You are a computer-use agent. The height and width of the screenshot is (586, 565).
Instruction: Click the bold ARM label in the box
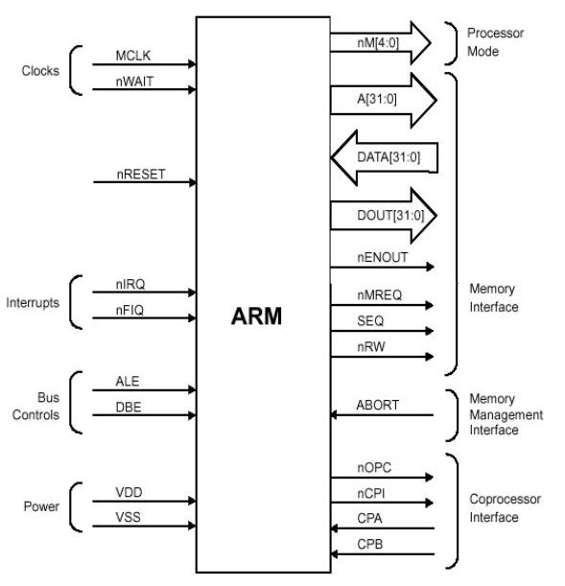coord(256,316)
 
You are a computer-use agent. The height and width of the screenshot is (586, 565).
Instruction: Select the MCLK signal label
coord(133,56)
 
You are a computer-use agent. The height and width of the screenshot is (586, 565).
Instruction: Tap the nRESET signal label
coord(141,175)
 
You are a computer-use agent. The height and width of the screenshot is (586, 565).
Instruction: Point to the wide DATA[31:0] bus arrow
coord(385,157)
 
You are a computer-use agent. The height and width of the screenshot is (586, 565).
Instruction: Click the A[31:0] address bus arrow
coord(384,100)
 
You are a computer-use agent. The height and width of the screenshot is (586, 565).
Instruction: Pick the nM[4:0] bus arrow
coord(381,43)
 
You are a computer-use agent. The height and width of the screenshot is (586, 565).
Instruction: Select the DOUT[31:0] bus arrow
coord(384,215)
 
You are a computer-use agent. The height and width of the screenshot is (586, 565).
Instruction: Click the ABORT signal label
coord(377,405)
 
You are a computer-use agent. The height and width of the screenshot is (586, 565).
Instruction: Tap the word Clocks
coord(40,71)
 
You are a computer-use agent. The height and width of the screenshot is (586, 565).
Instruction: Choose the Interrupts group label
coord(33,302)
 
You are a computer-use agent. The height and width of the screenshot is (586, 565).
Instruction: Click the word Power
coord(41,506)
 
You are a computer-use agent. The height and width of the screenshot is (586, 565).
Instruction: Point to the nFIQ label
coord(129,310)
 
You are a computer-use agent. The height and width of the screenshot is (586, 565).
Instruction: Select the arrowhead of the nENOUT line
coord(430,267)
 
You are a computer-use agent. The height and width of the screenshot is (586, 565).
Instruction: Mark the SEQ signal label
coord(370,320)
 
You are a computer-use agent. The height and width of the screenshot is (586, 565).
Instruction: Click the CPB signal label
coord(370,544)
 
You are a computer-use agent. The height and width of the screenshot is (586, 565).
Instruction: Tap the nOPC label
coord(374,467)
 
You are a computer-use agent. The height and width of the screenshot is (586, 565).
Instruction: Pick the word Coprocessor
coord(506,499)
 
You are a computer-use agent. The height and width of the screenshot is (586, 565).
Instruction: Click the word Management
coord(506,415)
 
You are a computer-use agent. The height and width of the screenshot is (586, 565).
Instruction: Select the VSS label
coord(129,517)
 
